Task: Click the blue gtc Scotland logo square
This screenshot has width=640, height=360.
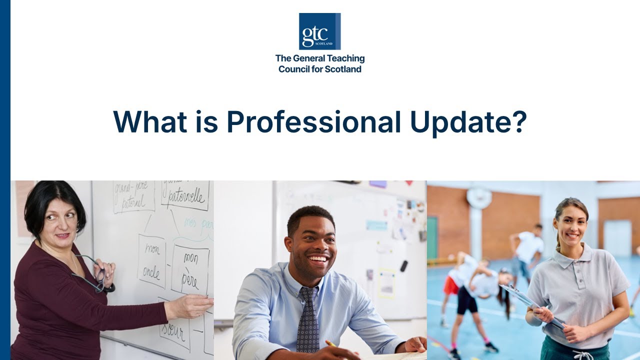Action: pos(319,31)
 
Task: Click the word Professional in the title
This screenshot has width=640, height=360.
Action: pos(313,122)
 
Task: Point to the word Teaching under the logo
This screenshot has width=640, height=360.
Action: pos(343,58)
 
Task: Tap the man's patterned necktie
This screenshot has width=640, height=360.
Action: pos(307,319)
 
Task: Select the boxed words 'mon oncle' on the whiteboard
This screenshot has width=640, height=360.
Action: pos(151,261)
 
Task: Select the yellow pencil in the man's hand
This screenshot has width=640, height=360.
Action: pos(331,344)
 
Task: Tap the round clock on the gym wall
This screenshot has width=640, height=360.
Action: pos(479,197)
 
